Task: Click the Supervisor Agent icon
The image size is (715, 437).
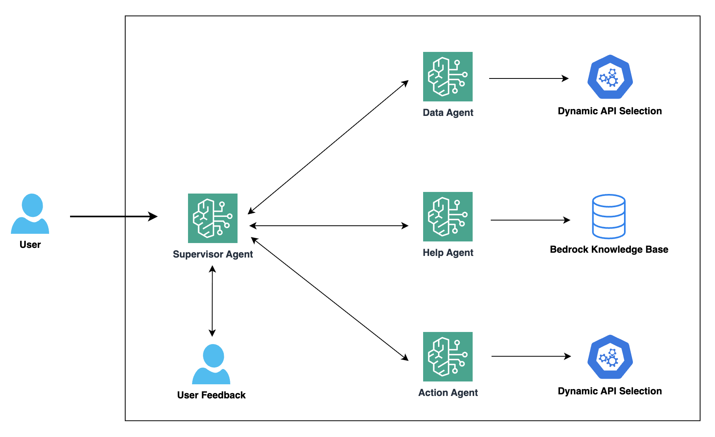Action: pyautogui.click(x=213, y=218)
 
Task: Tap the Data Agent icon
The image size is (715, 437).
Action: pyautogui.click(x=448, y=76)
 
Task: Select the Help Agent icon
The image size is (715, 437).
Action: pyautogui.click(x=448, y=216)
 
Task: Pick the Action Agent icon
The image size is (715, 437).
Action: pyautogui.click(x=448, y=357)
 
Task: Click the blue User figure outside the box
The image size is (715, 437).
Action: pyautogui.click(x=30, y=214)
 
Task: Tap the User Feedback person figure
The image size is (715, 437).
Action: pyautogui.click(x=211, y=365)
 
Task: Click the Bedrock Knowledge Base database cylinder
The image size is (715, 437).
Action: pyautogui.click(x=609, y=216)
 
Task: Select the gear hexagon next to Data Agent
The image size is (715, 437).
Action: pyautogui.click(x=610, y=77)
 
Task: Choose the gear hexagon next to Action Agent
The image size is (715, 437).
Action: pyautogui.click(x=610, y=357)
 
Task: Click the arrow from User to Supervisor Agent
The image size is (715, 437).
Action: pyautogui.click(x=113, y=216)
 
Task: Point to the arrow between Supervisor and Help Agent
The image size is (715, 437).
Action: pyautogui.click(x=329, y=226)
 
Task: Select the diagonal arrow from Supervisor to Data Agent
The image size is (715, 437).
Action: pyautogui.click(x=328, y=147)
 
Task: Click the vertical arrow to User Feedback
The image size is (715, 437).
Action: pyautogui.click(x=212, y=301)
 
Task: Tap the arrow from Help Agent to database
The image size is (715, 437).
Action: pyautogui.click(x=530, y=220)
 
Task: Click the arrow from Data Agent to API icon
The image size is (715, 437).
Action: pyautogui.click(x=528, y=78)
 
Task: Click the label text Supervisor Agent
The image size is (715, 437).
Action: pyautogui.click(x=213, y=254)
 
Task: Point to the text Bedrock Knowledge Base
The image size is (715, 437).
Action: pyautogui.click(x=609, y=249)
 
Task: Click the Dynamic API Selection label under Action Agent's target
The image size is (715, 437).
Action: pyautogui.click(x=610, y=391)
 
